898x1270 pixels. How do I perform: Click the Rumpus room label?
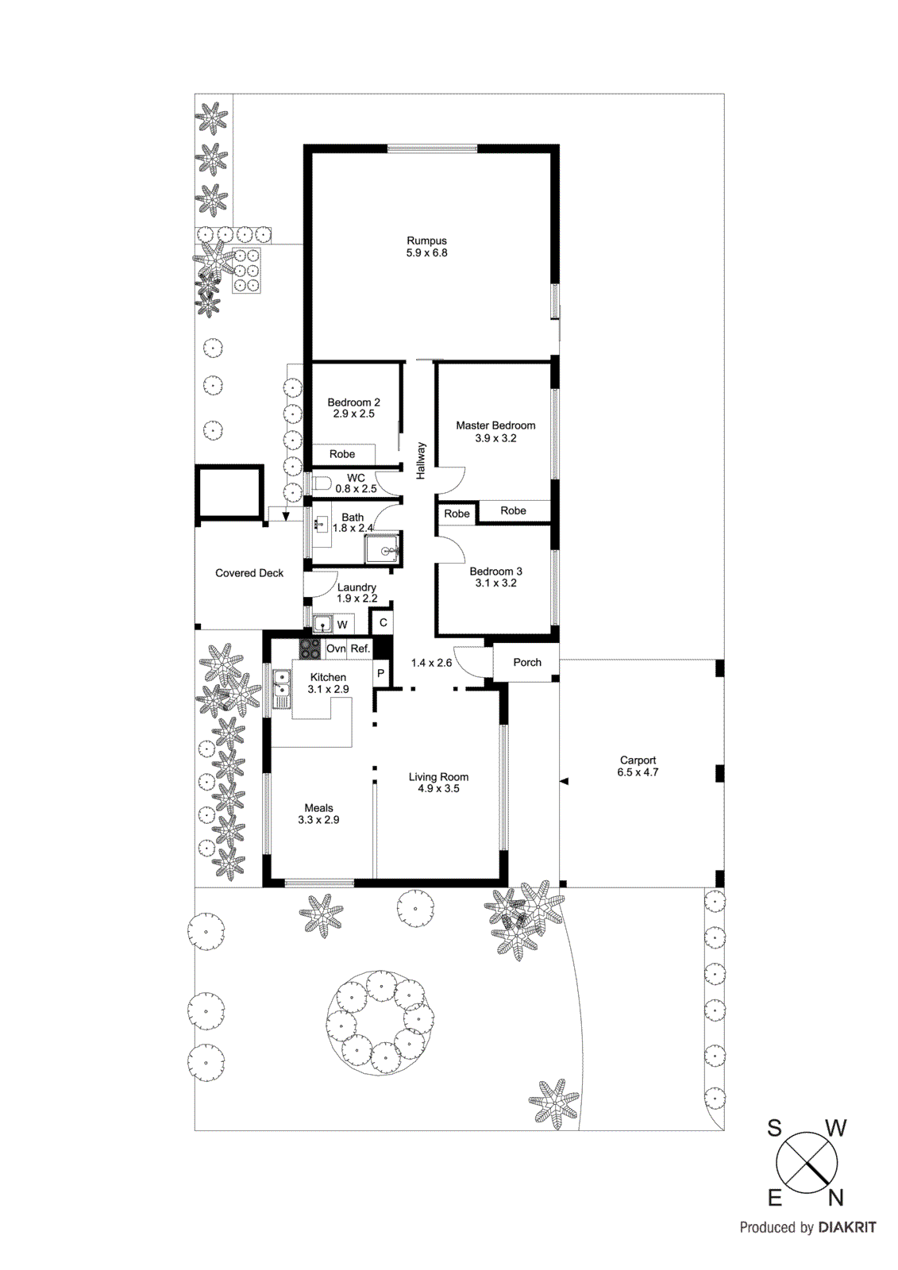coord(426,241)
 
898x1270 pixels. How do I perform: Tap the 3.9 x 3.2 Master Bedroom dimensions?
coord(495,438)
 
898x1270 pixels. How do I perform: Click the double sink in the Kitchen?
coord(281,688)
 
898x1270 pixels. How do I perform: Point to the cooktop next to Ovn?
coord(310,648)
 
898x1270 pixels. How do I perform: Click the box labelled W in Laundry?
coord(342,625)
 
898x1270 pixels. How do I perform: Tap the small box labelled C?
coord(383,622)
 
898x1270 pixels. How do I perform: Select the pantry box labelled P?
coord(380,673)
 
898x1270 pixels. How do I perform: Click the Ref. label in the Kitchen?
coord(360,648)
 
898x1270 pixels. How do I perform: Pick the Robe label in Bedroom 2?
coord(342,454)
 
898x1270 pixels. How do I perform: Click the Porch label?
coord(527,662)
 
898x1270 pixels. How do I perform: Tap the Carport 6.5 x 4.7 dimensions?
coord(638,772)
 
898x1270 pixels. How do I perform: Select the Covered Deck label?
coord(249,573)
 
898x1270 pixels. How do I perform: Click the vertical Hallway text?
coord(421,460)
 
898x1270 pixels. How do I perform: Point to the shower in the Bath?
coord(383,549)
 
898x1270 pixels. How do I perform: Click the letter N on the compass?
coord(835,1197)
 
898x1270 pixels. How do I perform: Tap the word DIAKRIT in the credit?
coord(847,1227)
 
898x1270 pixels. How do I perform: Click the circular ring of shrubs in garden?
coord(381,1022)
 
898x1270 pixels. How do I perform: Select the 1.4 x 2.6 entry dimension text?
coord(431,663)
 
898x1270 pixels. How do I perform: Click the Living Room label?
coord(438,777)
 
